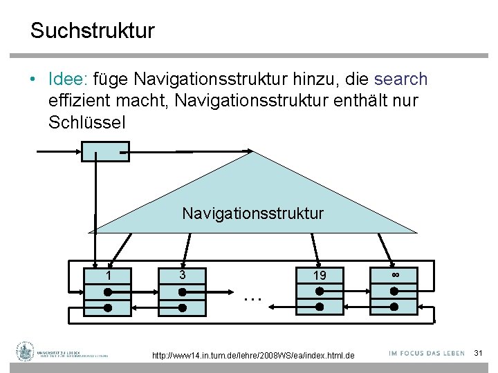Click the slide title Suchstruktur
click(x=92, y=31)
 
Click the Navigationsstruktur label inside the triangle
click(x=252, y=213)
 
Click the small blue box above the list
click(x=105, y=151)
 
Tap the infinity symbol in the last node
click(x=394, y=275)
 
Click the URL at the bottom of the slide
click(x=252, y=355)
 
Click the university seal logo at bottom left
click(x=26, y=352)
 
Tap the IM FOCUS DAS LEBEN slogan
click(x=426, y=353)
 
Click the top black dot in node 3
click(x=182, y=291)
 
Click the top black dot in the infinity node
click(x=394, y=291)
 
